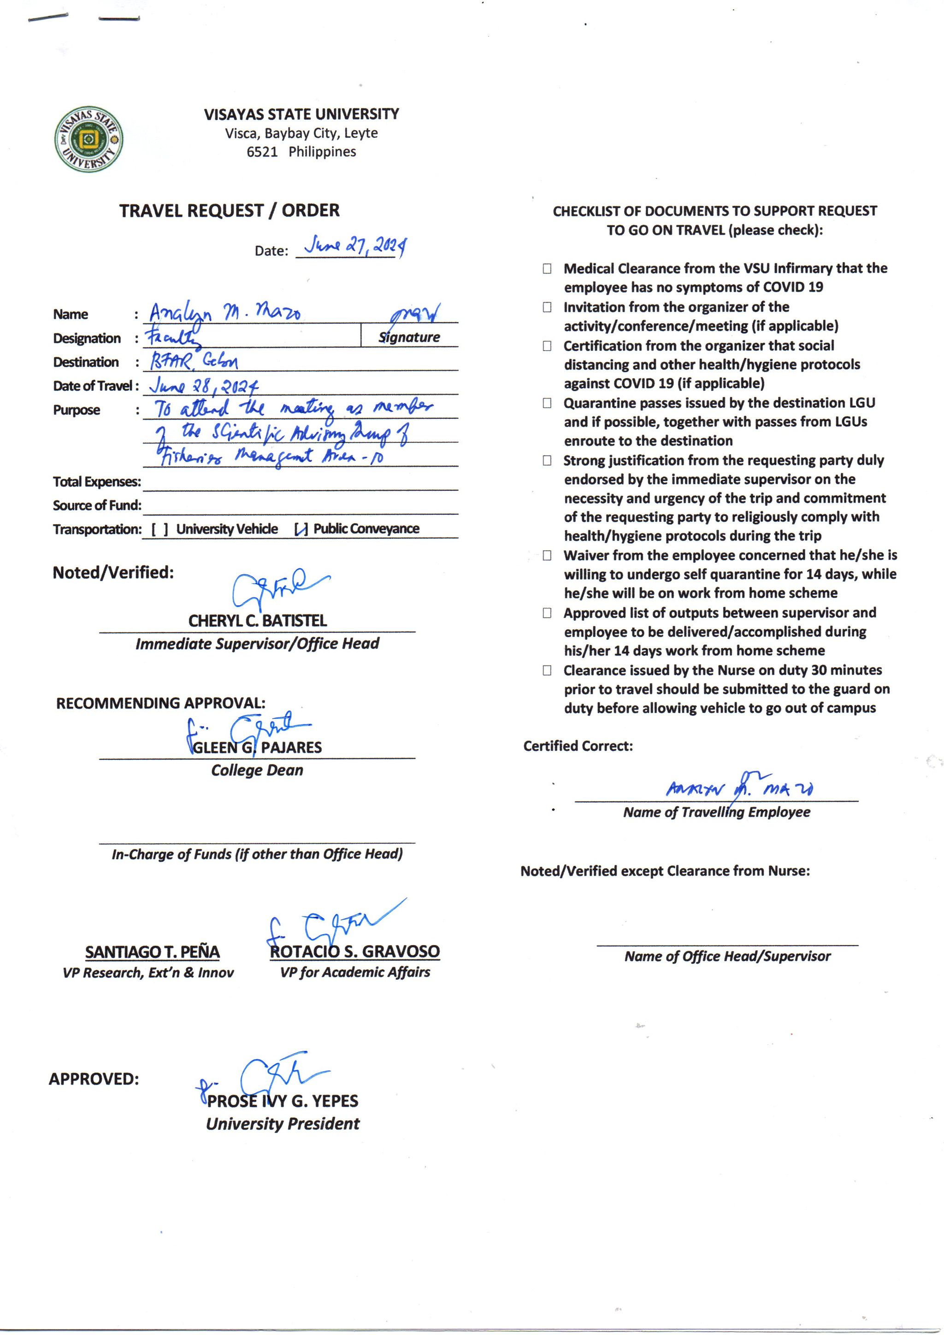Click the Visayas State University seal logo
coord(88,140)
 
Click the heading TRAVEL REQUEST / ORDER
coord(229,210)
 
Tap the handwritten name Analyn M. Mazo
coord(224,314)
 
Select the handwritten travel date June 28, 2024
coord(203,385)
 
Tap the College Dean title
coord(257,770)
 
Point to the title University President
coord(283,1123)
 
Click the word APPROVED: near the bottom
coord(94,1079)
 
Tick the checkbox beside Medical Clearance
coord(547,269)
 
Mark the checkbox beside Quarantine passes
coord(547,403)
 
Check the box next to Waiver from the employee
coord(547,555)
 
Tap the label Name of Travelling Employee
coord(716,812)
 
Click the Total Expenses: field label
coord(96,482)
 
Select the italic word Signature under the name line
coord(409,337)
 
